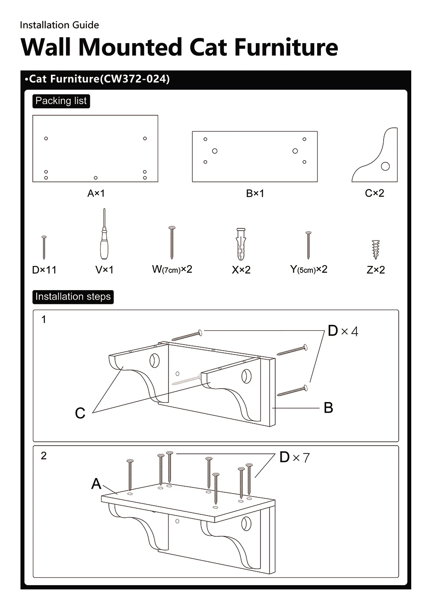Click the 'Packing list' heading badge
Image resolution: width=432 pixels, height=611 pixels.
pos(61,101)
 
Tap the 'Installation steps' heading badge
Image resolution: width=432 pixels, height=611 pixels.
pos(73,297)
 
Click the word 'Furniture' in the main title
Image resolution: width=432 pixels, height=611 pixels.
pos(286,47)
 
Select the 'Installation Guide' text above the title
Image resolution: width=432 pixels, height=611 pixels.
pos(60,25)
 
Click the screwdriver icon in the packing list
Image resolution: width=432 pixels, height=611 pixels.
pos(104,234)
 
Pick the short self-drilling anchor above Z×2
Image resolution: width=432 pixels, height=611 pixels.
pos(376,250)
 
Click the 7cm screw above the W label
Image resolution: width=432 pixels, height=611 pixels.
pos(172,243)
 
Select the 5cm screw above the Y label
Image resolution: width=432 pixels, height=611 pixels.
pos(308,245)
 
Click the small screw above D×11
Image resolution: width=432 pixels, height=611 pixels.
pos(44,247)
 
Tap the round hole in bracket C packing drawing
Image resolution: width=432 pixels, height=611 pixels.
pos(385,166)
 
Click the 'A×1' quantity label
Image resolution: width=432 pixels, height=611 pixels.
pos(96,193)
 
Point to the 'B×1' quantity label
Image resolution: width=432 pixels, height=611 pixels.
pos(255,193)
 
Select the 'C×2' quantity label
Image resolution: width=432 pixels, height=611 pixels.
pos(375,193)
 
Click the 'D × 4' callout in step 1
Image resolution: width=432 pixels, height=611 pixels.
pos(343,331)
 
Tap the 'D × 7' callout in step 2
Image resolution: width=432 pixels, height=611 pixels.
pos(295,457)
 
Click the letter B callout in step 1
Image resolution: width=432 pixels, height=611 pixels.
pos(328,408)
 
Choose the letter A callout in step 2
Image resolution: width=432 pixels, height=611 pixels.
pos(96,484)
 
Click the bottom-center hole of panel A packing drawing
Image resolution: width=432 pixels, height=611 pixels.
pos(95,178)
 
